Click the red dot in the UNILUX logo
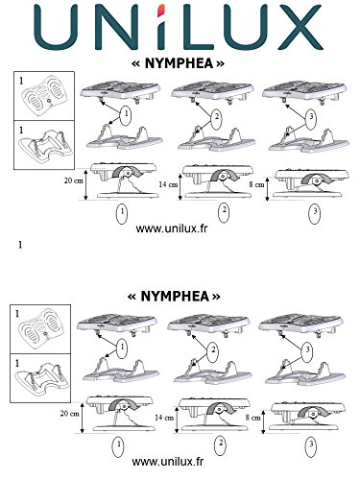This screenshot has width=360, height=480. click(161, 11)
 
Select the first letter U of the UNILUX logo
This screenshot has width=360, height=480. click(56, 28)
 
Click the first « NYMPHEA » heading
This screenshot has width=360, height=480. click(178, 63)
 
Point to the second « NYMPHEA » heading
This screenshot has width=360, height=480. click(174, 297)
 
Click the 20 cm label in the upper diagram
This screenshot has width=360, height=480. click(74, 180)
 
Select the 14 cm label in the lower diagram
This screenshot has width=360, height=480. click(164, 418)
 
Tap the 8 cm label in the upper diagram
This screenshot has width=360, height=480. click(256, 184)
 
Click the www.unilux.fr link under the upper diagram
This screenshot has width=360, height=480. click(172, 228)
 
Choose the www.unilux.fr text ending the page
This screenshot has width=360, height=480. click(168, 462)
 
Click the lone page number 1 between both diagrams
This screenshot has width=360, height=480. click(20, 245)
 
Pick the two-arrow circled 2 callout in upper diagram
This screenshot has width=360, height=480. click(217, 118)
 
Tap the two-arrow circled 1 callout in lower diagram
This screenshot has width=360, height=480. click(122, 348)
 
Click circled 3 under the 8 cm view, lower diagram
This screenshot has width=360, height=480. click(311, 445)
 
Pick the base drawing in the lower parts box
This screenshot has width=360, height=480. click(39, 376)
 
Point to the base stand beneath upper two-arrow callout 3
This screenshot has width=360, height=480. click(309, 141)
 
